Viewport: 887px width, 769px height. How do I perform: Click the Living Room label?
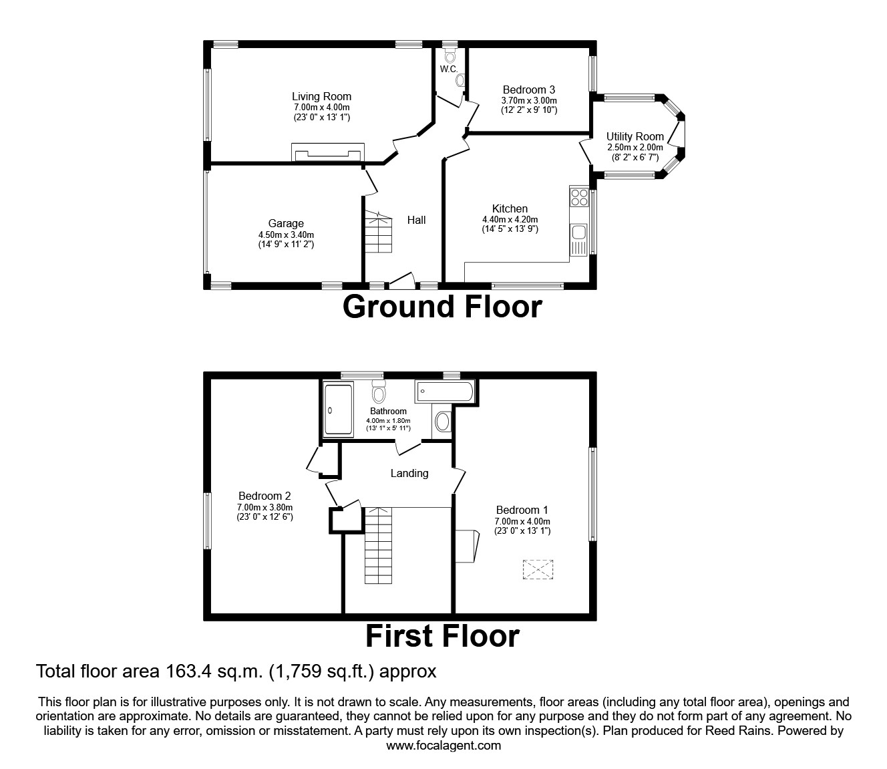coord(321,96)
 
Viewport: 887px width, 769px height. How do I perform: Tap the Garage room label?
coord(286,224)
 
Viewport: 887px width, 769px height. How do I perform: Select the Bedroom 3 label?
coord(529,90)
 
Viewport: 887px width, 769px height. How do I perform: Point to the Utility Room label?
coord(635,136)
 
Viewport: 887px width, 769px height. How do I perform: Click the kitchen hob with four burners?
coord(579,197)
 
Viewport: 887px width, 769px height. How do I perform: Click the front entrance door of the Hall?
coord(401,281)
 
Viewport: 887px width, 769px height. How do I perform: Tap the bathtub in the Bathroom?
coord(444,392)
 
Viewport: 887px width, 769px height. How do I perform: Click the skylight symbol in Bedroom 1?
coord(538,570)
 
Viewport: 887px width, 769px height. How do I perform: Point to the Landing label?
coord(409,473)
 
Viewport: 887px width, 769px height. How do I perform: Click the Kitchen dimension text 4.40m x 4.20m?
coord(510,219)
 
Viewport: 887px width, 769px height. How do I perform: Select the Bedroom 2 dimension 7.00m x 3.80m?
coord(264,507)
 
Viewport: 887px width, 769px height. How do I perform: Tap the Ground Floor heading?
coord(442,307)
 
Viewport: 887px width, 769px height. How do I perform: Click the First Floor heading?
coord(442,636)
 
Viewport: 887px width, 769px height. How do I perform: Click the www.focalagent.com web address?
coord(443,746)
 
